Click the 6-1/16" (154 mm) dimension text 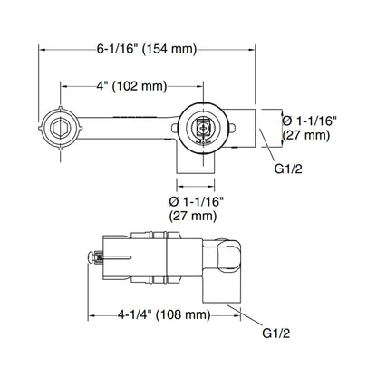pyautogui.click(x=147, y=49)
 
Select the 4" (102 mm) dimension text pyautogui.click(x=131, y=86)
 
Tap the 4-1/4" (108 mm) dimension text pyautogui.click(x=164, y=315)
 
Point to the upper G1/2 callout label pyautogui.click(x=288, y=169)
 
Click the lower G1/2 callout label pyautogui.click(x=276, y=333)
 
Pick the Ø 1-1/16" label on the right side pyautogui.click(x=309, y=121)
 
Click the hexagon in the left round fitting pyautogui.click(x=61, y=128)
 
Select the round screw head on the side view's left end pyautogui.click(x=91, y=257)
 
